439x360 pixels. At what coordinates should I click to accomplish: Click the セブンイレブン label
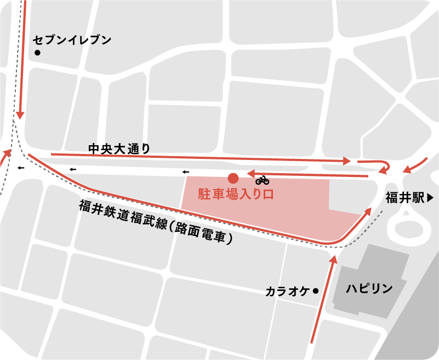tap(72, 40)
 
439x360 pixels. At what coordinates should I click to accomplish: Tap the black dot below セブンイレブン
tap(37, 53)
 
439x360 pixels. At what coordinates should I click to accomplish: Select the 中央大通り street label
tap(119, 148)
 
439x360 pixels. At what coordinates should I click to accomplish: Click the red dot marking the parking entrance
tap(233, 178)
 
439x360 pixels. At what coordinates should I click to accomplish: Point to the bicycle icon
tap(262, 180)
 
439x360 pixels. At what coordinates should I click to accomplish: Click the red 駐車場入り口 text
tap(236, 194)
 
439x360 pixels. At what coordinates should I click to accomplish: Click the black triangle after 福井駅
tap(430, 198)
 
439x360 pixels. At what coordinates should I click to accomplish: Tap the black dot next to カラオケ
tap(315, 291)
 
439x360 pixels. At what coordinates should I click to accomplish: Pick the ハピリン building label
tap(369, 289)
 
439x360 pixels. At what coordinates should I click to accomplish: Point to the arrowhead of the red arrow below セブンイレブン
tap(20, 116)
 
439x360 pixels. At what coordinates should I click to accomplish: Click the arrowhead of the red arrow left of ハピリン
tap(334, 259)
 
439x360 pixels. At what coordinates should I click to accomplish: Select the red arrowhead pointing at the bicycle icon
tap(251, 174)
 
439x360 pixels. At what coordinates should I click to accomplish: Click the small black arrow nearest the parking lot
tap(185, 172)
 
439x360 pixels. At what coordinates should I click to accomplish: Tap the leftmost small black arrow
tap(20, 168)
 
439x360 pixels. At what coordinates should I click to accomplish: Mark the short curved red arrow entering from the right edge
tap(415, 165)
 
